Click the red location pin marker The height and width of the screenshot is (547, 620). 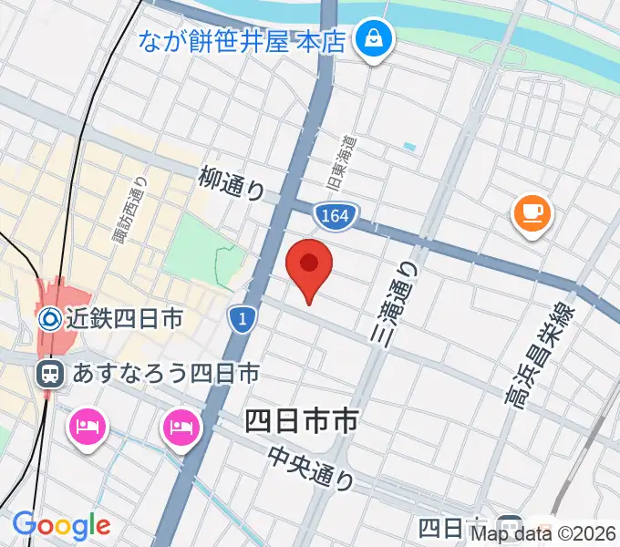coord(309,266)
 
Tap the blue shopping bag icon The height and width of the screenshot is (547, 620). coord(373,39)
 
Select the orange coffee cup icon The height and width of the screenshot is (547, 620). coord(532,214)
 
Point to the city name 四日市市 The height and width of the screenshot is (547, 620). coord(302,421)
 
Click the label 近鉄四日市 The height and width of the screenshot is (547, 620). coord(125,319)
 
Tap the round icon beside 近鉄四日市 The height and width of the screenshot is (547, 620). coord(50,319)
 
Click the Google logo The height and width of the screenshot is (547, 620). coord(61,525)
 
